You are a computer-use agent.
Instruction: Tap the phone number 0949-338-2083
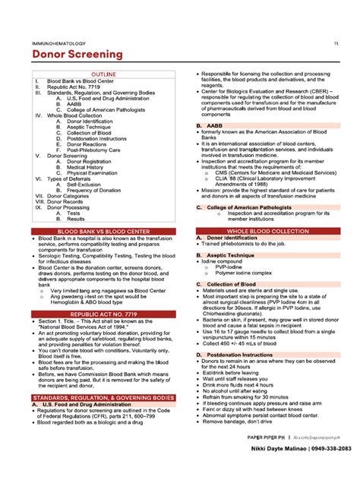327,470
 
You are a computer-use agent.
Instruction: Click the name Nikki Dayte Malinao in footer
271,470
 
